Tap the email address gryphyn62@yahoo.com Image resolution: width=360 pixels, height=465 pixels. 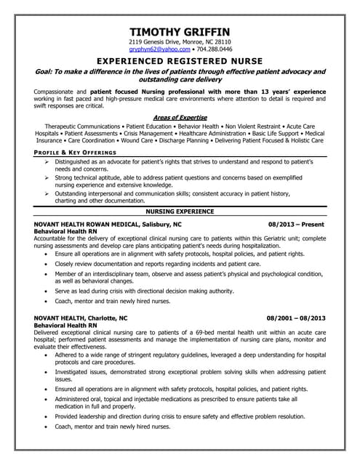point(155,51)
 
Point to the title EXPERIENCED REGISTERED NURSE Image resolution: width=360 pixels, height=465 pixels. point(180,63)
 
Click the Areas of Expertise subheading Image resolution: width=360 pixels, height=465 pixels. point(180,116)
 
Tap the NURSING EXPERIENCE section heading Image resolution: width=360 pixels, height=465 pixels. point(180,211)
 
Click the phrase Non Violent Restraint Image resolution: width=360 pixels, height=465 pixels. point(250,125)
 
